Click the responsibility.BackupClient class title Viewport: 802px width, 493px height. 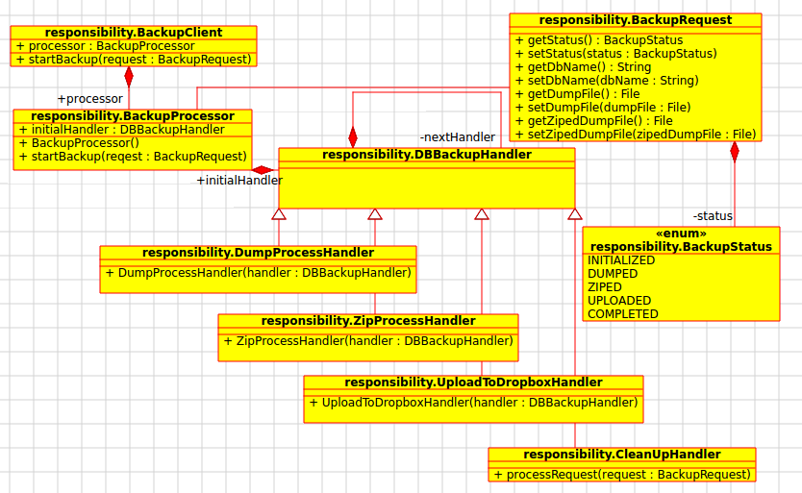135,33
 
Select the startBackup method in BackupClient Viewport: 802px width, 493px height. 135,60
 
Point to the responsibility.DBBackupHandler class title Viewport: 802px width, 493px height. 426,155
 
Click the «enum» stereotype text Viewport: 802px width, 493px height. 681,234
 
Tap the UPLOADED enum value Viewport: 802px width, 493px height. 619,301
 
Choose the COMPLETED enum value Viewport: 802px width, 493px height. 623,314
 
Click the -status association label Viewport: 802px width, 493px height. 713,215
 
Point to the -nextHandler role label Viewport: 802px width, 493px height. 458,137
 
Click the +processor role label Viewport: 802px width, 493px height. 90,99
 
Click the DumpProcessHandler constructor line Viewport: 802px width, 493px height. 258,273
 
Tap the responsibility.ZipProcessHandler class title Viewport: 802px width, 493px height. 367,321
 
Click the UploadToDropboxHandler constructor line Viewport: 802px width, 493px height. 473,403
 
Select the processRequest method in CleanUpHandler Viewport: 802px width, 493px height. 621,475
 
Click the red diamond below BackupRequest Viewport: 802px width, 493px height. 735,152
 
